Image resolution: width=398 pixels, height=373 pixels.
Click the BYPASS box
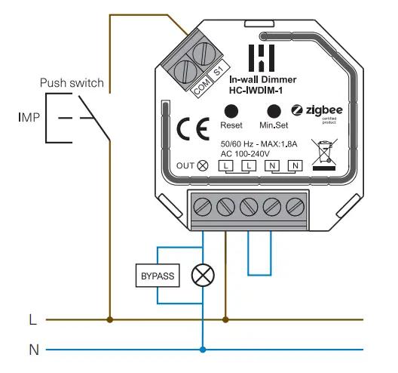(157, 276)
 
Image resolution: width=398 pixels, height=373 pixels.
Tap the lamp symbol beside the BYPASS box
(202, 276)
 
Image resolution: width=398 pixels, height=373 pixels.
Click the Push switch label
(71, 82)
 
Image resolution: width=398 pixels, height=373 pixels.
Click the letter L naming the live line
(31, 319)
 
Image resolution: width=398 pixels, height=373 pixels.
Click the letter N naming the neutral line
(32, 350)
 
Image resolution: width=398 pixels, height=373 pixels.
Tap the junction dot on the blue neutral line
(202, 350)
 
